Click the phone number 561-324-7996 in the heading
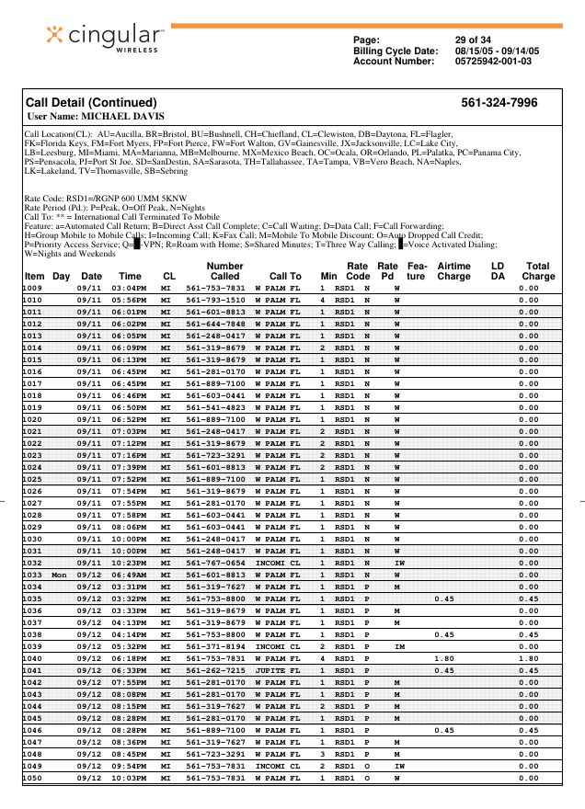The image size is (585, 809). click(x=499, y=102)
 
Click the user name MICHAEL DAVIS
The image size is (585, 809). click(x=123, y=117)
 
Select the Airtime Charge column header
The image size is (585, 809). click(x=453, y=270)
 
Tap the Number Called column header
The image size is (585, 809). click(x=224, y=270)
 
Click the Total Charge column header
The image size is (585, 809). click(x=537, y=270)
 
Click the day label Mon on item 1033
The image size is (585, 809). click(x=60, y=575)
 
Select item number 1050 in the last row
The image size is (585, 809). click(x=33, y=778)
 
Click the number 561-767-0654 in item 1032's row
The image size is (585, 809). click(x=215, y=563)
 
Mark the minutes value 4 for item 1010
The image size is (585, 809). click(x=322, y=300)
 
